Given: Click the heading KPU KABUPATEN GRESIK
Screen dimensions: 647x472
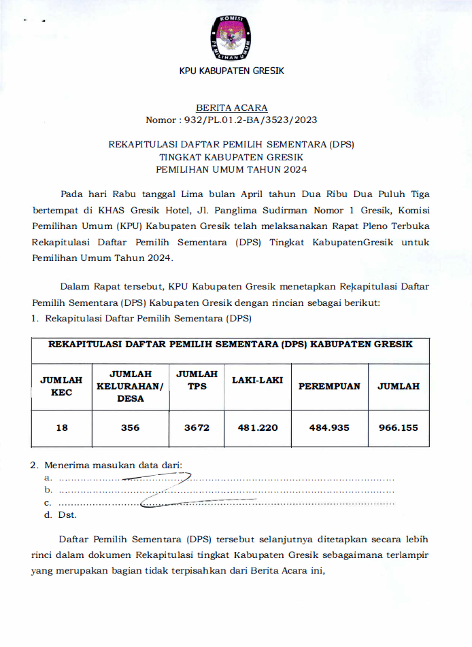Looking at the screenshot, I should (231, 71).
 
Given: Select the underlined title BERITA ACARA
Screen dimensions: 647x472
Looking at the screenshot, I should (231, 108).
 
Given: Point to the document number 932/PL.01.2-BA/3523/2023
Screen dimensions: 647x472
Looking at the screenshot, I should (249, 120).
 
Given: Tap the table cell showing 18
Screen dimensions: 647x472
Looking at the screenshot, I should (61, 427).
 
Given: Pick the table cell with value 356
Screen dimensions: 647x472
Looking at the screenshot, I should (130, 427).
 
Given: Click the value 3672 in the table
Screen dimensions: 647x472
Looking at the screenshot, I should (197, 427).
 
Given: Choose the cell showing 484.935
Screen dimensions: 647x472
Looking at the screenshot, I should (329, 427).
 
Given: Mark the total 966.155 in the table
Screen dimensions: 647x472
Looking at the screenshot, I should (398, 427).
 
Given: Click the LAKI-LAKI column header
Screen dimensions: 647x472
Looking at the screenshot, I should (257, 381).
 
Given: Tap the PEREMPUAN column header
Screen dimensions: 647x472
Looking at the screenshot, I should (329, 386).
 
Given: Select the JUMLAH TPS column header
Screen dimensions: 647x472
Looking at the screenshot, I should (197, 380).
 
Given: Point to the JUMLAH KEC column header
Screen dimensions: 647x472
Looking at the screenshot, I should (61, 386).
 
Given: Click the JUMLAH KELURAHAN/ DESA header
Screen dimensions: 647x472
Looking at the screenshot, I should (130, 386).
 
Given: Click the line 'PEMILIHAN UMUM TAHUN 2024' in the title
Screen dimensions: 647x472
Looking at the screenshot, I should (231, 169).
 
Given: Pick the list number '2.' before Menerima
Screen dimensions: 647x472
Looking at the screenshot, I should (34, 466).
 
